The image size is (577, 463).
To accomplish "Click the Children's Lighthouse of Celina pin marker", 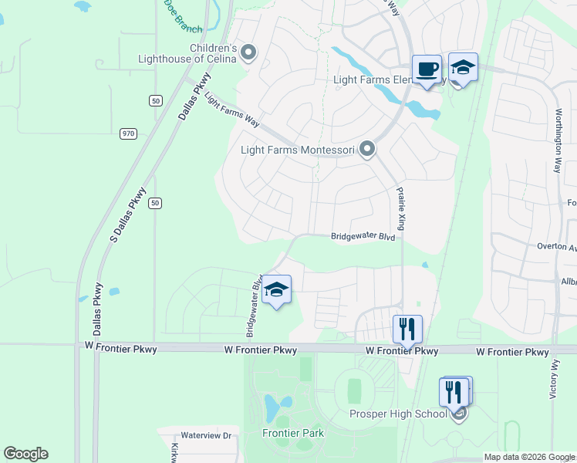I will (248, 52).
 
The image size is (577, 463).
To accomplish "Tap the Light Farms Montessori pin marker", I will (367, 149).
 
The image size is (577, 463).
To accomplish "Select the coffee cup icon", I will (427, 69).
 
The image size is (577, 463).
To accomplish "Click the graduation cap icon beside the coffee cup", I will (463, 68).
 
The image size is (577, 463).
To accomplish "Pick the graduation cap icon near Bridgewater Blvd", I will (276, 290).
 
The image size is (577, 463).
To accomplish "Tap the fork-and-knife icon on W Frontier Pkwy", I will (407, 330).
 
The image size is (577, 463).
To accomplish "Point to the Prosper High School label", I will (398, 414).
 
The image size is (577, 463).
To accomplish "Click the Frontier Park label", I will (293, 433).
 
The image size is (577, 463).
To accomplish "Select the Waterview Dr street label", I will (206, 436).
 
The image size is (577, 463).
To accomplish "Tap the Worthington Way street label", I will (558, 136).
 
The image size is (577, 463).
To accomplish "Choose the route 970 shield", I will (128, 133).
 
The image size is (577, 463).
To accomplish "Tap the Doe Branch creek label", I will (183, 15).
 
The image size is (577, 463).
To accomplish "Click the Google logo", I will (25, 454).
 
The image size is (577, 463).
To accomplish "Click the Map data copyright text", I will (529, 457).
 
